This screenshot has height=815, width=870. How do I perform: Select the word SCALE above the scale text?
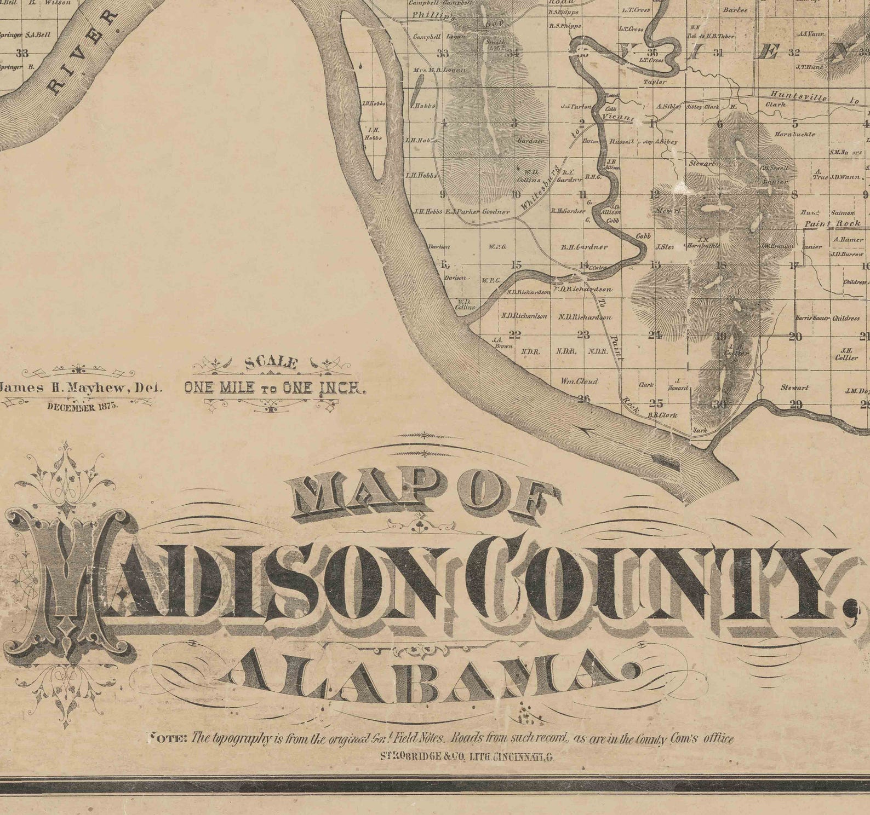(x=272, y=363)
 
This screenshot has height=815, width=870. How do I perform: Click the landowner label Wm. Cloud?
(x=579, y=381)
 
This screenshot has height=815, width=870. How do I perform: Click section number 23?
(x=583, y=335)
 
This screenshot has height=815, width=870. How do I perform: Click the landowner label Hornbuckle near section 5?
(x=794, y=134)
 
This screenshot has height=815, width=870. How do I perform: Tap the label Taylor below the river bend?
(x=655, y=82)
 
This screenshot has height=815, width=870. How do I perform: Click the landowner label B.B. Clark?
(x=662, y=415)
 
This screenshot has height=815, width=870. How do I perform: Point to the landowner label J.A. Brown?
(x=503, y=343)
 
